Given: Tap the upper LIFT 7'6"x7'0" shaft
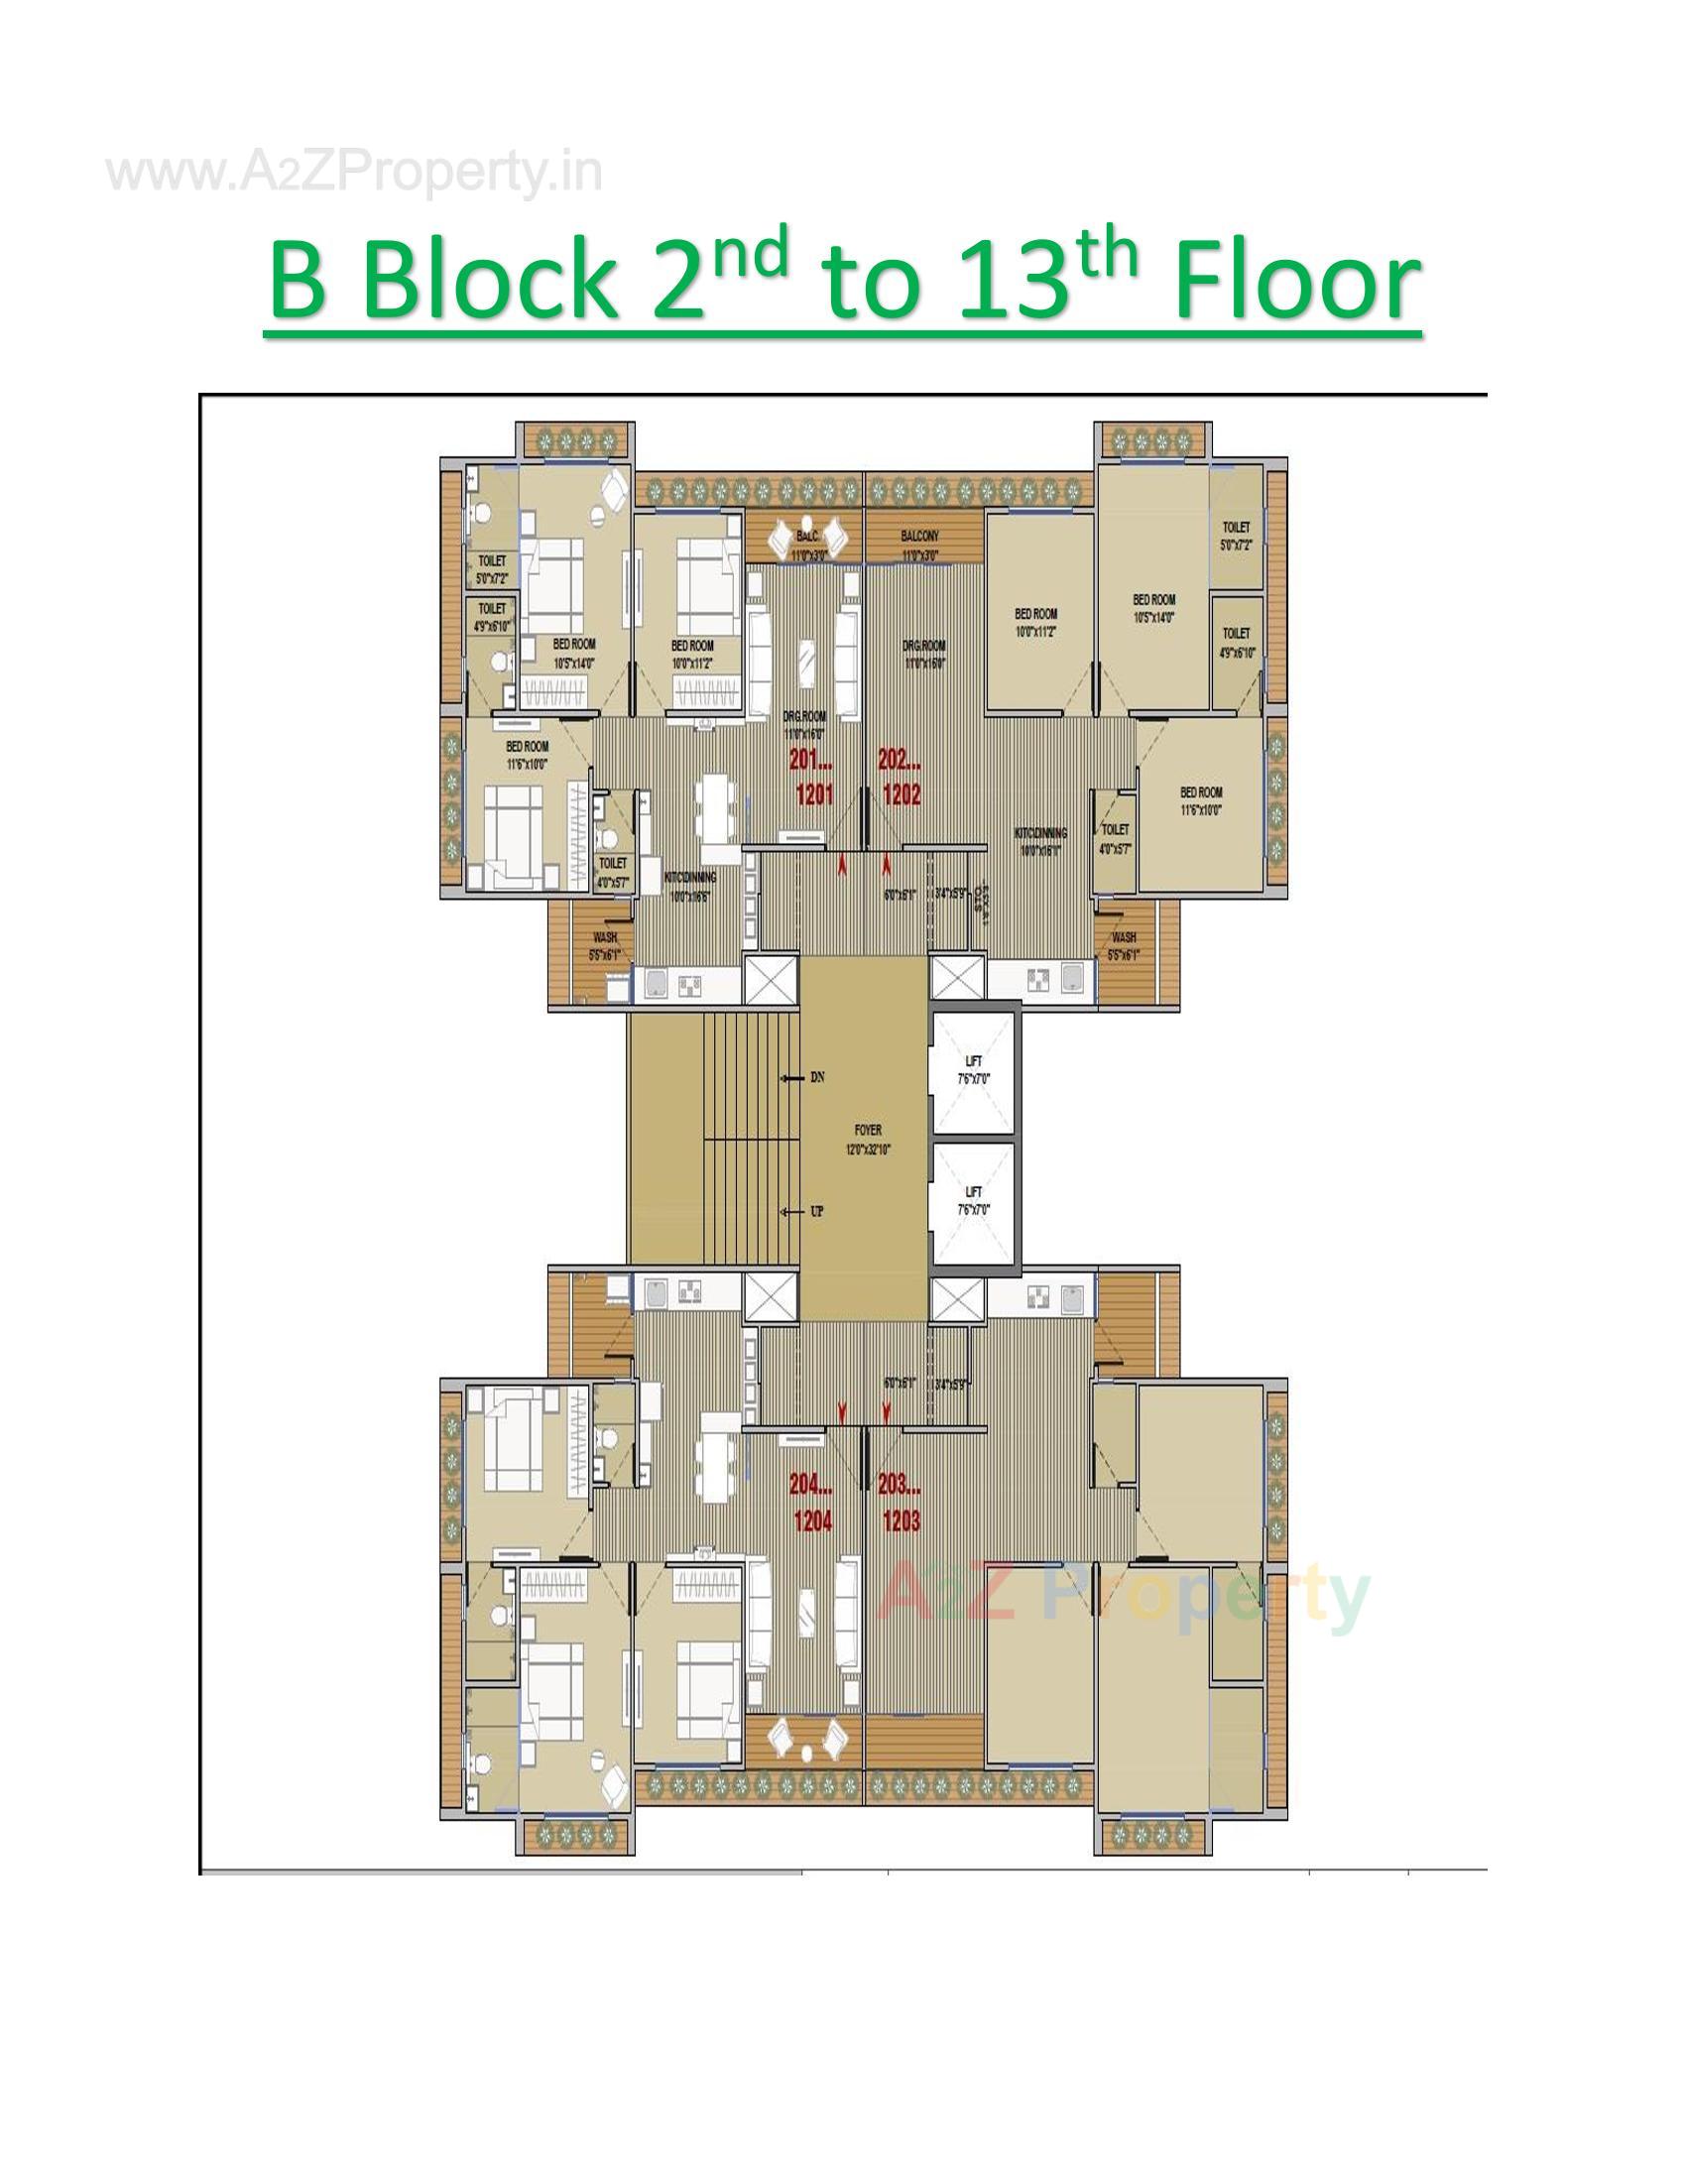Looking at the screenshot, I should pyautogui.click(x=974, y=1070).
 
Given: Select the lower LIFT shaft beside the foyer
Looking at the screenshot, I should pyautogui.click(x=974, y=1200).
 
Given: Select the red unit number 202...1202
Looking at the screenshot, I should pyautogui.click(x=900, y=779).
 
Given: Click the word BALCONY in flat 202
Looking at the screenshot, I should pyautogui.click(x=919, y=537).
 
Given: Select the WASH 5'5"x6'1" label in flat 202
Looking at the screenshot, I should pyautogui.click(x=1124, y=945).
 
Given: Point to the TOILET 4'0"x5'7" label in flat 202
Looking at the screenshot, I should pyautogui.click(x=1115, y=837).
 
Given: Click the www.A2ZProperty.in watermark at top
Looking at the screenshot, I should pyautogui.click(x=355, y=173).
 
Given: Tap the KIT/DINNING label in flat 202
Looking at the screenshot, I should pyautogui.click(x=1040, y=839).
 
